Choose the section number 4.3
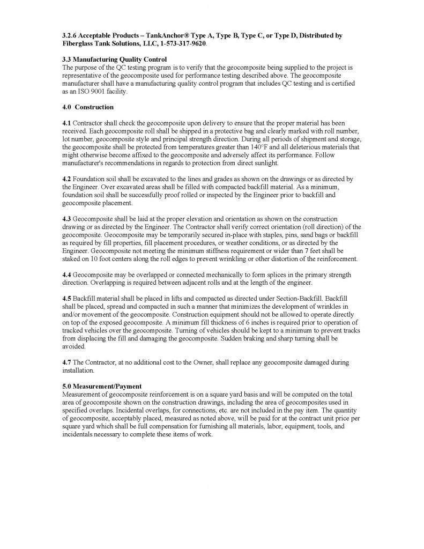67,219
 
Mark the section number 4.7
67,363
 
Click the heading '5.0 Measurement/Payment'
102,387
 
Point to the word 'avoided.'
75,347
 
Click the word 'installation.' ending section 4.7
78,370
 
